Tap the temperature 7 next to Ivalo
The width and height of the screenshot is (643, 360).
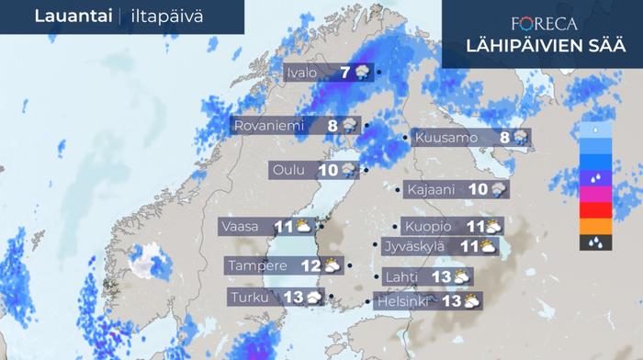click(344, 73)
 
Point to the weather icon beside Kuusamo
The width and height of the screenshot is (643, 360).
click(520, 138)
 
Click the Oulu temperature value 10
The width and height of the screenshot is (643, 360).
click(328, 170)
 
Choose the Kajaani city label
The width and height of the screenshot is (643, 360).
click(431, 190)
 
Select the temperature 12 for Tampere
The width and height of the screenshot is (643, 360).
click(310, 266)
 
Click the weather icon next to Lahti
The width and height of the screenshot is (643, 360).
click(462, 276)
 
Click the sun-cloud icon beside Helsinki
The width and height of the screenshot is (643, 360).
click(471, 300)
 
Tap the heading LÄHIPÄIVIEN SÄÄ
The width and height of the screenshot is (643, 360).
click(541, 46)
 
